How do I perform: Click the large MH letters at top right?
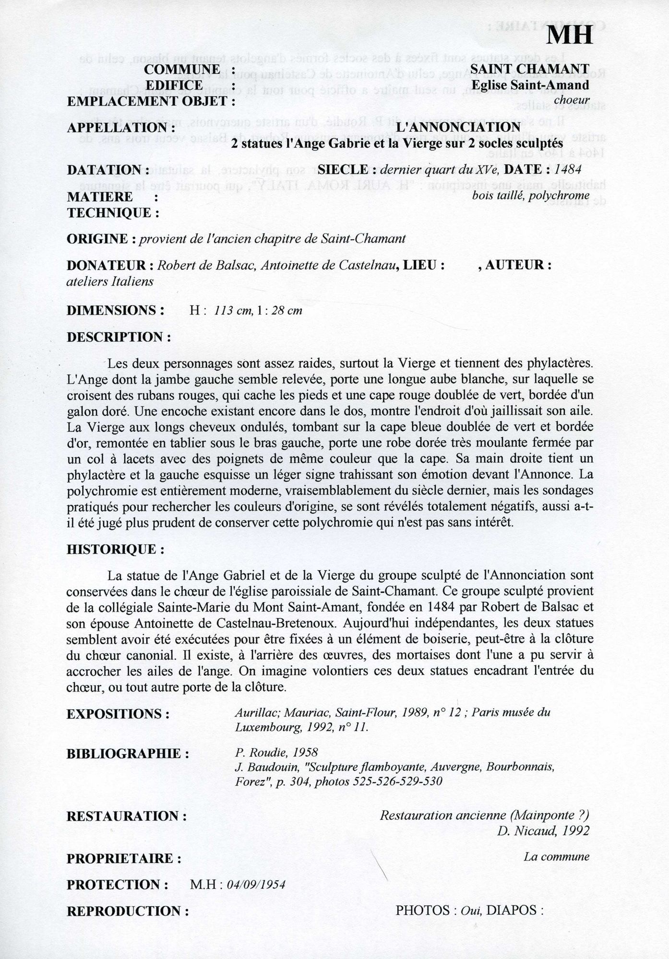click(570, 35)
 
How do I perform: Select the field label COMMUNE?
click(182, 70)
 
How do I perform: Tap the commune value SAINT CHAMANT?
click(529, 70)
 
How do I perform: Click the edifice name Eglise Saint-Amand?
click(530, 85)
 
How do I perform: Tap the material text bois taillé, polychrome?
click(530, 195)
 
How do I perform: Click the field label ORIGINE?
click(97, 239)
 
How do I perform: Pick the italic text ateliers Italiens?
click(110, 281)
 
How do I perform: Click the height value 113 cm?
click(234, 310)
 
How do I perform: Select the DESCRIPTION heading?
click(119, 337)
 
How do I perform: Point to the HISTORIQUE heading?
click(115, 550)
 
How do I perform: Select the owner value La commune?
click(556, 857)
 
